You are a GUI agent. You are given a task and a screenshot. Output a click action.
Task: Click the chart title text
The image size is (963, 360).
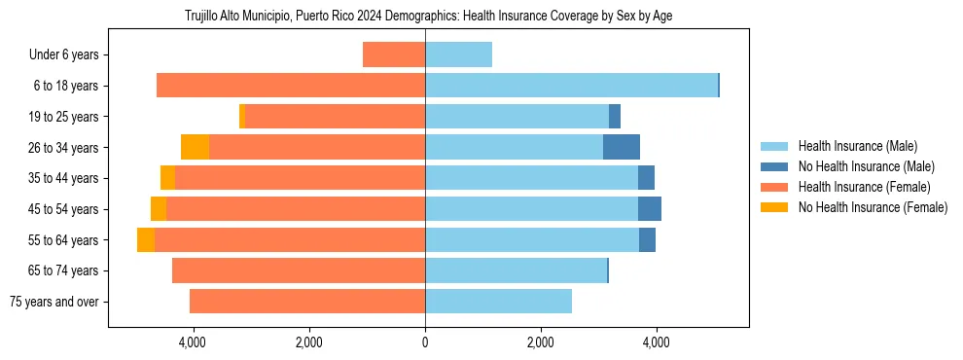point(428,17)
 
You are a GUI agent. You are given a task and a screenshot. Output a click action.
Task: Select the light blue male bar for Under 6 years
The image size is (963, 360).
point(458,54)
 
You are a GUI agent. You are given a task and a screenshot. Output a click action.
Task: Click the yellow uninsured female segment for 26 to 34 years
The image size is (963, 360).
point(195,147)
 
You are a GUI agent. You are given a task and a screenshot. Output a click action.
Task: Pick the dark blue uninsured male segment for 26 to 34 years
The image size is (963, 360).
point(621,147)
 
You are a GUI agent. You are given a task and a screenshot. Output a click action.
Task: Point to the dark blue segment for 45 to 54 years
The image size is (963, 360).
point(649,208)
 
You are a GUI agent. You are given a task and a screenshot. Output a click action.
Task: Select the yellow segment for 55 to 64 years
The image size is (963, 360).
point(146,239)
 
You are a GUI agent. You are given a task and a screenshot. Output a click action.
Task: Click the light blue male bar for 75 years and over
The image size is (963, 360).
point(498,302)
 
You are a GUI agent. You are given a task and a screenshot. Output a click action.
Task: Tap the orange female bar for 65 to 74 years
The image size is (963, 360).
point(298,270)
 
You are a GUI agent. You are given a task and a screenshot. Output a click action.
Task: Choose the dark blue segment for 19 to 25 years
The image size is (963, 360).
point(615,117)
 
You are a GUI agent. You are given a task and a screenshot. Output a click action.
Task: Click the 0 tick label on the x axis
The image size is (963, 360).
point(425,342)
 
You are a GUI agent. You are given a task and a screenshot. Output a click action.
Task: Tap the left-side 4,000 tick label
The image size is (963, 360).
point(193,342)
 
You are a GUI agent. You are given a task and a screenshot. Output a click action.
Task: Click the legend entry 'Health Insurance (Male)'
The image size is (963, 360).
point(857,146)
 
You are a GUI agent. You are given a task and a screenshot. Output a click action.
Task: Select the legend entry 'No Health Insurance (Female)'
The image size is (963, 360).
point(873,207)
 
